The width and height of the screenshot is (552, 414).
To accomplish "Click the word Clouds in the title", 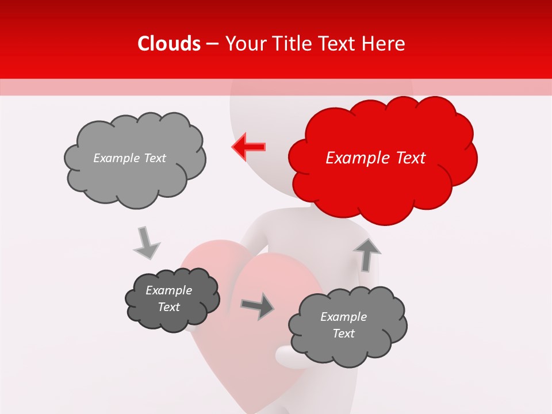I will click(x=169, y=44).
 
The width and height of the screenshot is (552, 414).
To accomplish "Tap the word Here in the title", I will click(x=383, y=44).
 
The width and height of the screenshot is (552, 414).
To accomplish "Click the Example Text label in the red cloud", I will click(x=375, y=158).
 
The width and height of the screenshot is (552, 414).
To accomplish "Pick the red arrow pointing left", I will click(x=249, y=147).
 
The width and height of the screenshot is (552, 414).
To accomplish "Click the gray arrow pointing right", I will click(x=258, y=306).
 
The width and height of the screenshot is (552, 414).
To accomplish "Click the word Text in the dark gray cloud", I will click(x=169, y=307).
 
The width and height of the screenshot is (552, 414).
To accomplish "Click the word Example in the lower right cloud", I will click(x=343, y=317).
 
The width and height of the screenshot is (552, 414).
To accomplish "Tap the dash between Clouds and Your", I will click(x=212, y=44).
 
